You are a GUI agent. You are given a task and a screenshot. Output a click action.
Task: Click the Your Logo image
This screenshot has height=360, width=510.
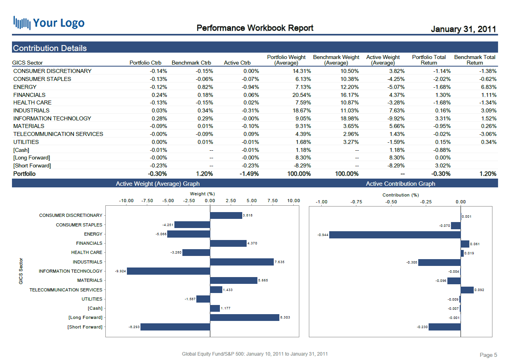click(x=49, y=23)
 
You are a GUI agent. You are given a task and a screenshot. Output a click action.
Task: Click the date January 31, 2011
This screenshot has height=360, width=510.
click(x=463, y=29)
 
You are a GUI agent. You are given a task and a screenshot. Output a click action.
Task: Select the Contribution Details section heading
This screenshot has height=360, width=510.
click(x=50, y=48)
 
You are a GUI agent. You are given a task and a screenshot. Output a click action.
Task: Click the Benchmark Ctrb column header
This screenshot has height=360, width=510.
click(x=191, y=63)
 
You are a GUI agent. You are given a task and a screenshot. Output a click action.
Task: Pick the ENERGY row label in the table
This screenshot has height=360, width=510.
click(x=25, y=87)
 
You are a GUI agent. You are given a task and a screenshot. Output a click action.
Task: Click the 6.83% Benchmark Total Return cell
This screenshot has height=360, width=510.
click(x=488, y=87)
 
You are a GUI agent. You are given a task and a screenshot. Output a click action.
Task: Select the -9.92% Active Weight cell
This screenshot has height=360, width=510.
click(x=395, y=118)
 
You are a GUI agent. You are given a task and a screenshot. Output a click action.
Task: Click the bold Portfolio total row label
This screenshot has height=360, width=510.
click(x=24, y=174)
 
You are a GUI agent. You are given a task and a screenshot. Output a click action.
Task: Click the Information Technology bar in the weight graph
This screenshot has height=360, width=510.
click(x=168, y=271)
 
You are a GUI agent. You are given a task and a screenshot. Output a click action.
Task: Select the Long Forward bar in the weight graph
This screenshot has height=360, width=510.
click(x=244, y=317)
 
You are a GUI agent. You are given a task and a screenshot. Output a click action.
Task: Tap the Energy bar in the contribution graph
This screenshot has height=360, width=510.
click(x=395, y=235)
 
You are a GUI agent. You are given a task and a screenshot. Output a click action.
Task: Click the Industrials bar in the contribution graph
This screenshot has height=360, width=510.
click(x=439, y=262)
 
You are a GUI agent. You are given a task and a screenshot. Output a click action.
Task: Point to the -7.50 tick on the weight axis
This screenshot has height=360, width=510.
click(x=147, y=201)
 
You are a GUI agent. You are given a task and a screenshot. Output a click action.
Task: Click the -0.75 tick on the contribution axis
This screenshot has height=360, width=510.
click(x=356, y=202)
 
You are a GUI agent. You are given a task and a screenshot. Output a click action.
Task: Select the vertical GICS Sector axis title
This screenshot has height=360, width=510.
click(x=21, y=271)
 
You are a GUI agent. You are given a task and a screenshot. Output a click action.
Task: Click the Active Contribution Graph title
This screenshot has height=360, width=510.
click(x=400, y=184)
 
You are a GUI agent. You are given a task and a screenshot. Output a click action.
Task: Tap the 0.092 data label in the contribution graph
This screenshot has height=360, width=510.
click(x=479, y=290)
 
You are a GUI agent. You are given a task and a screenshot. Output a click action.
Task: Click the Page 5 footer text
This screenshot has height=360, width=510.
click(x=488, y=355)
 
